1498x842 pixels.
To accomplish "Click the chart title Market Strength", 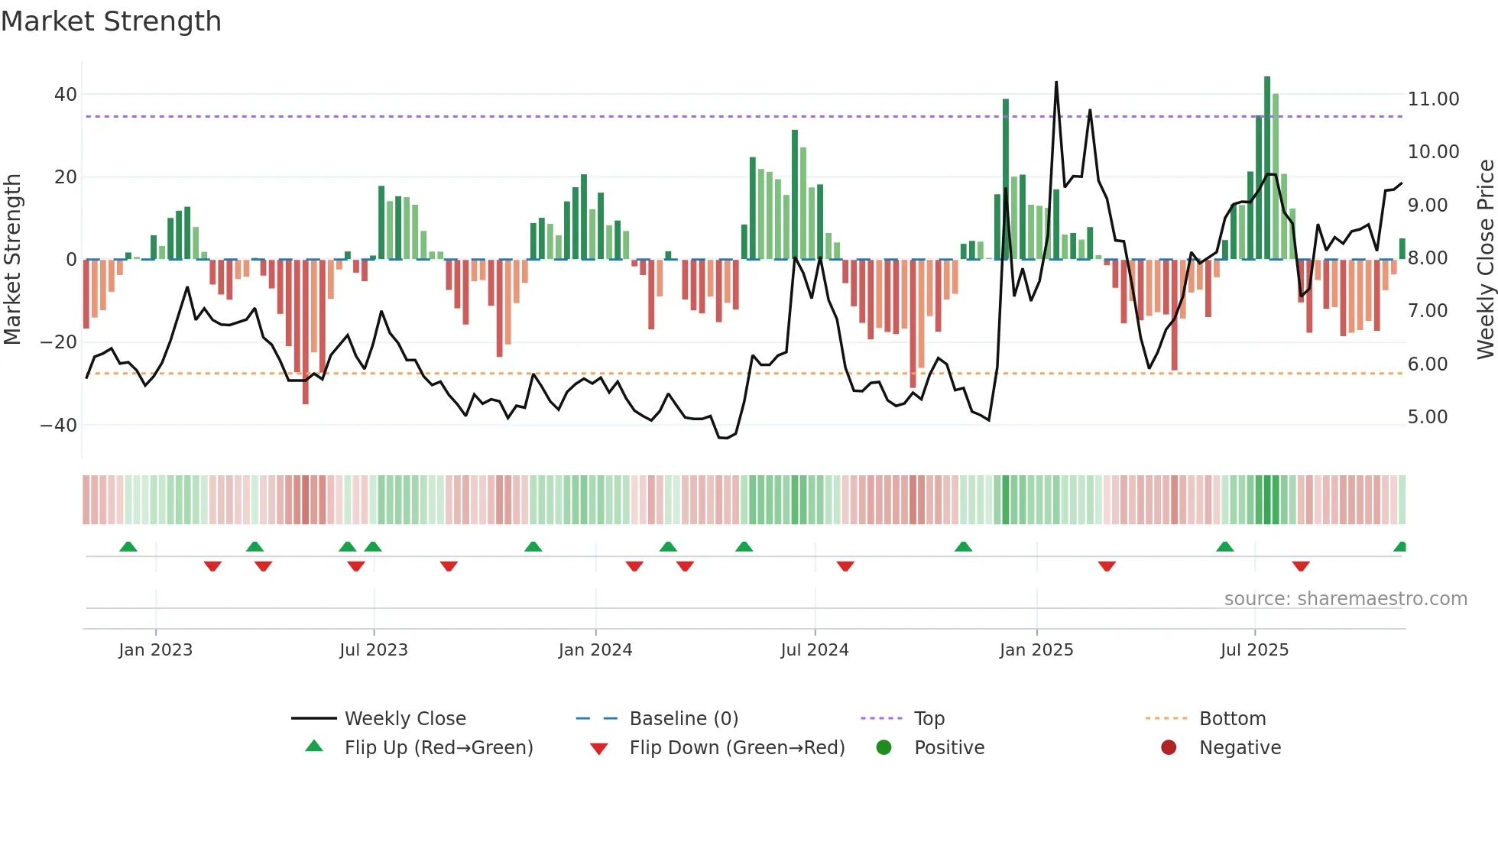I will tap(111, 21).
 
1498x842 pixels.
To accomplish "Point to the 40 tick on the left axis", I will tap(65, 95).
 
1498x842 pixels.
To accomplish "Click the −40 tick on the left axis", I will tap(58, 425).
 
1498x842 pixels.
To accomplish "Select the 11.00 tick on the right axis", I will tap(1433, 99).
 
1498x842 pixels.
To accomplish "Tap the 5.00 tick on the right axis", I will tap(1427, 417).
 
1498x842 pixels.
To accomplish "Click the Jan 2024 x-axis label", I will tap(595, 650).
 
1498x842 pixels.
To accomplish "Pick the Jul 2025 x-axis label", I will tap(1254, 650).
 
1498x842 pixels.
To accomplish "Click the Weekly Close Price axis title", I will tap(1485, 260).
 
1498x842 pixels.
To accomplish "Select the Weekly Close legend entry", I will tap(404, 719).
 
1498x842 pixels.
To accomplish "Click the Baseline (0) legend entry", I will tap(683, 719).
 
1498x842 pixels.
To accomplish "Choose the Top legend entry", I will tap(929, 719).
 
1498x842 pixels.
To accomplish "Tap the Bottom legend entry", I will tap(1232, 719).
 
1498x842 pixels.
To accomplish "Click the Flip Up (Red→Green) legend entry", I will tap(438, 748).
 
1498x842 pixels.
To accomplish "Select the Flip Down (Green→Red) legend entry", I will tap(737, 748).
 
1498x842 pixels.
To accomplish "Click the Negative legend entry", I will tap(1239, 748).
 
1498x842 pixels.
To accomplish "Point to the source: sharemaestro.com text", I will tap(1345, 599).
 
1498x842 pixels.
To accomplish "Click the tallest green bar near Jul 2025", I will tap(1267, 168).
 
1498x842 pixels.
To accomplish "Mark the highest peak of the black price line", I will tap(1056, 83).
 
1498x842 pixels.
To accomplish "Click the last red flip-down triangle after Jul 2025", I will tap(1301, 566).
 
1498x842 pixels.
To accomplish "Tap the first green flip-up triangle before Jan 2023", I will tap(128, 546).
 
